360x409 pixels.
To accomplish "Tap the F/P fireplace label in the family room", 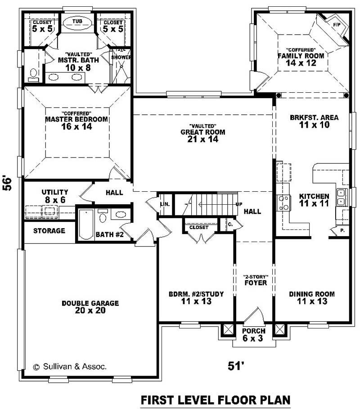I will [x=336, y=24].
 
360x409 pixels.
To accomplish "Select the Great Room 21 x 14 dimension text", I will [x=202, y=139].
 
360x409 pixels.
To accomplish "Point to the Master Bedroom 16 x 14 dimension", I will [x=76, y=127].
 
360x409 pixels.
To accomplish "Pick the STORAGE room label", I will [x=49, y=231].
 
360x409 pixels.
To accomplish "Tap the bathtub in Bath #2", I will [x=85, y=224].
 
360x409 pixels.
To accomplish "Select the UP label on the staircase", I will [x=239, y=204].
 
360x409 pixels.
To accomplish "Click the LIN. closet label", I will [x=165, y=204].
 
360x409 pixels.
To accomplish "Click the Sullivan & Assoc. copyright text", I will [x=70, y=367].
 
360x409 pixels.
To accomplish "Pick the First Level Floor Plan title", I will [x=215, y=400].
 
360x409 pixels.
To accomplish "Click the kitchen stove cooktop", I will [x=283, y=202].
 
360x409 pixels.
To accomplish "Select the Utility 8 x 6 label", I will [x=54, y=195].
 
